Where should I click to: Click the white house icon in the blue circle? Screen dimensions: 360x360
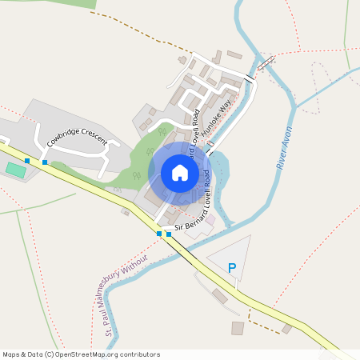180,172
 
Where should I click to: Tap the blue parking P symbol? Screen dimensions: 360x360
232,269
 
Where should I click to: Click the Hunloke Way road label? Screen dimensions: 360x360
218,118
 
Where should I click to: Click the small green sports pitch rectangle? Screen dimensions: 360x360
14,170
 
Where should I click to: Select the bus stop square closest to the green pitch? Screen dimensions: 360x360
27,161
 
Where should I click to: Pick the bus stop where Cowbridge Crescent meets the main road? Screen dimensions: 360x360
45,162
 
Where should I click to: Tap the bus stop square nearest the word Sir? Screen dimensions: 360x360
168,234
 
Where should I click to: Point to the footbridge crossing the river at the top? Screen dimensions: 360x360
266,63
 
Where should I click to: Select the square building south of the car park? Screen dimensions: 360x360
238,328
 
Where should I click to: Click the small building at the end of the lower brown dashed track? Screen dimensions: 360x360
286,328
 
